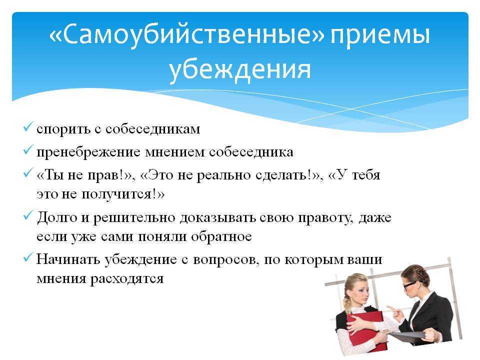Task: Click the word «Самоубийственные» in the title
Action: point(186,34)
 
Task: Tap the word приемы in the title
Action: point(380,35)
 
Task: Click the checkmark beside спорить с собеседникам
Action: point(27,126)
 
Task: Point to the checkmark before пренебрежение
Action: point(27,150)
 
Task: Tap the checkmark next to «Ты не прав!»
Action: point(27,173)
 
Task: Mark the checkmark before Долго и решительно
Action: point(27,215)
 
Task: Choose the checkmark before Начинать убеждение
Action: point(27,257)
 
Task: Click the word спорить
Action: point(63,129)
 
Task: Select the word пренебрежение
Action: point(88,152)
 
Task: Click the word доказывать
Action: point(217,218)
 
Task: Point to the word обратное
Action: point(221,236)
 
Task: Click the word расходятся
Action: point(126,279)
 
